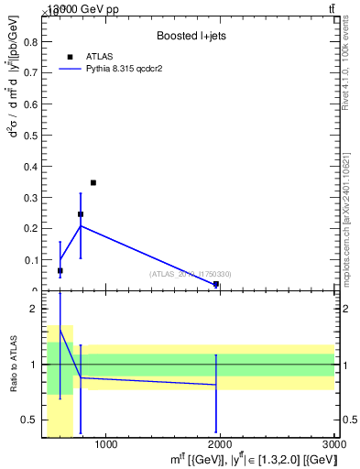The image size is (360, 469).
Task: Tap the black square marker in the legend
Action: [70, 57]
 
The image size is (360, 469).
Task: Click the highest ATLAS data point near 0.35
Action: [93, 182]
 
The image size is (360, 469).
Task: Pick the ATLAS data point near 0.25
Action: [81, 214]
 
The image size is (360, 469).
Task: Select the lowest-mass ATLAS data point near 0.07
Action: [60, 270]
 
